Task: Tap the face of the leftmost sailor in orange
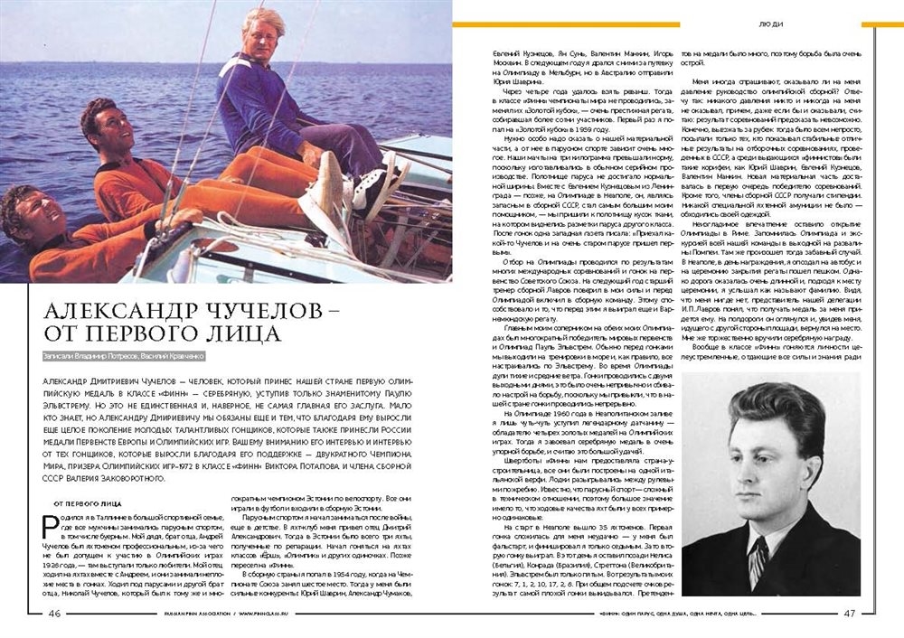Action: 26,223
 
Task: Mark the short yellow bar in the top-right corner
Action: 881,24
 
